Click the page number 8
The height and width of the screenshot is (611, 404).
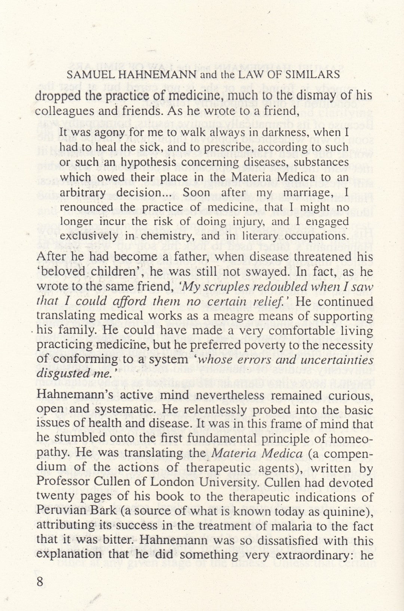click(x=40, y=582)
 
